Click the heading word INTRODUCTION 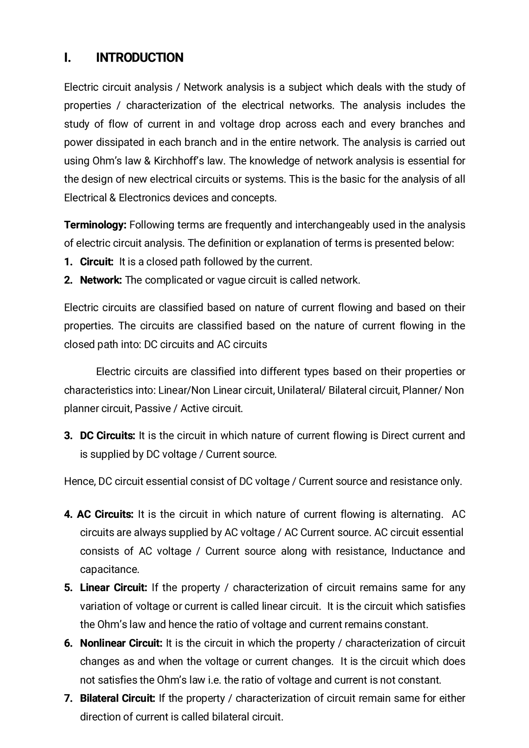click(x=139, y=58)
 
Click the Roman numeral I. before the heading click(x=67, y=58)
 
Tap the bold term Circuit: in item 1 click(x=97, y=262)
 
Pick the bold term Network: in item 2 click(x=101, y=280)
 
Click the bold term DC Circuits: click(x=108, y=436)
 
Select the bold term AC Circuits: click(x=105, y=514)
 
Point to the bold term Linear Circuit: click(x=113, y=588)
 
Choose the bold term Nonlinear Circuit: click(x=121, y=643)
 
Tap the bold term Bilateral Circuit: click(x=117, y=698)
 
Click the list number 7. click(x=68, y=698)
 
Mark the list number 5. click(x=68, y=588)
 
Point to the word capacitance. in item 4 click(x=109, y=569)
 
